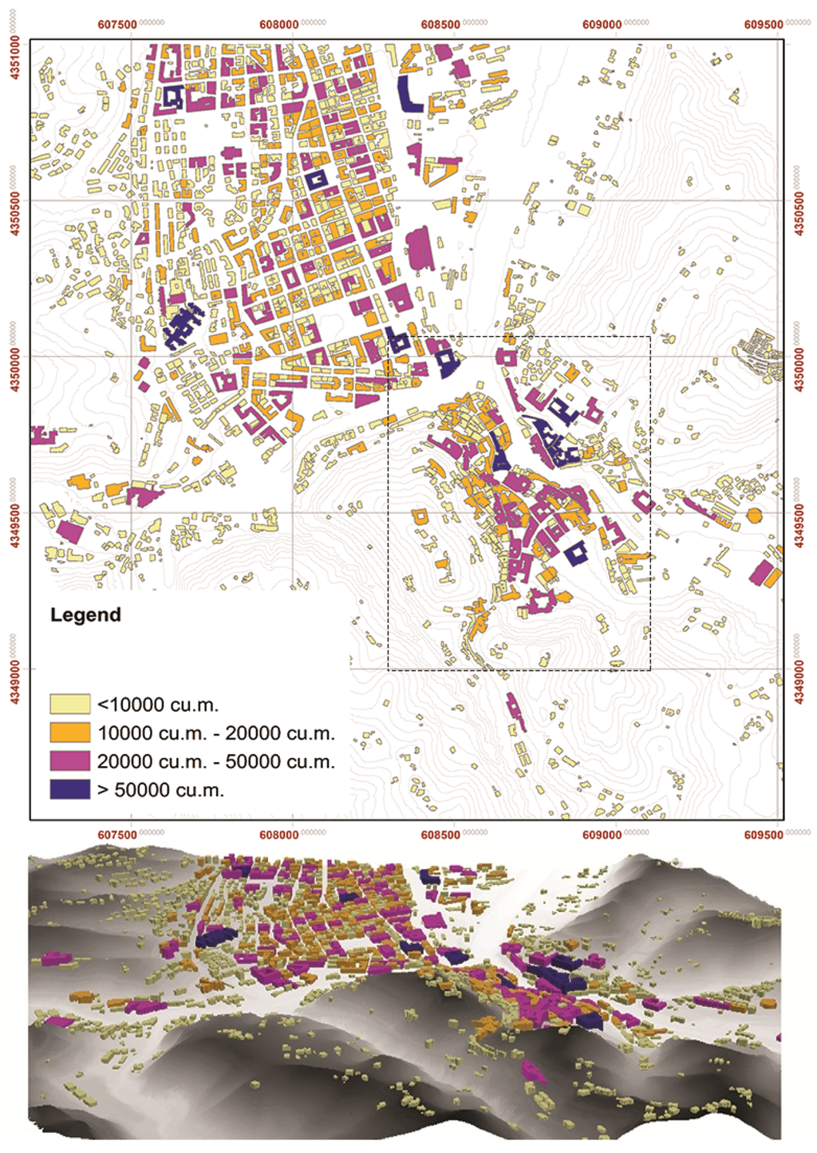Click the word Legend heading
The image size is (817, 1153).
tap(85, 614)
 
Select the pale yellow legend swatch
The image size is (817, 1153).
tap(69, 704)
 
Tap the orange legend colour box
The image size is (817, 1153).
tap(69, 732)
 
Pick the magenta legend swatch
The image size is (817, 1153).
tap(69, 760)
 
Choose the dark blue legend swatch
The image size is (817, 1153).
tap(69, 789)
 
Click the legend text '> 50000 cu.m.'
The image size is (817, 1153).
tap(160, 790)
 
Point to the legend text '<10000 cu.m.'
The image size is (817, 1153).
tap(157, 705)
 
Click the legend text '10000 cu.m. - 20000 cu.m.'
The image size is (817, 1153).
tap(215, 733)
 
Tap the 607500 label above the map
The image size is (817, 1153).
tap(117, 24)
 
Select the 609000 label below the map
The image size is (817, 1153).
tap(601, 835)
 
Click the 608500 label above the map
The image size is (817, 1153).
tap(440, 24)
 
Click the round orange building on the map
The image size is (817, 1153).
tap(754, 515)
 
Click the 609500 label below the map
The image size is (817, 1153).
tap(763, 835)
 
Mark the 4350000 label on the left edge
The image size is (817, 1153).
tap(14, 368)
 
